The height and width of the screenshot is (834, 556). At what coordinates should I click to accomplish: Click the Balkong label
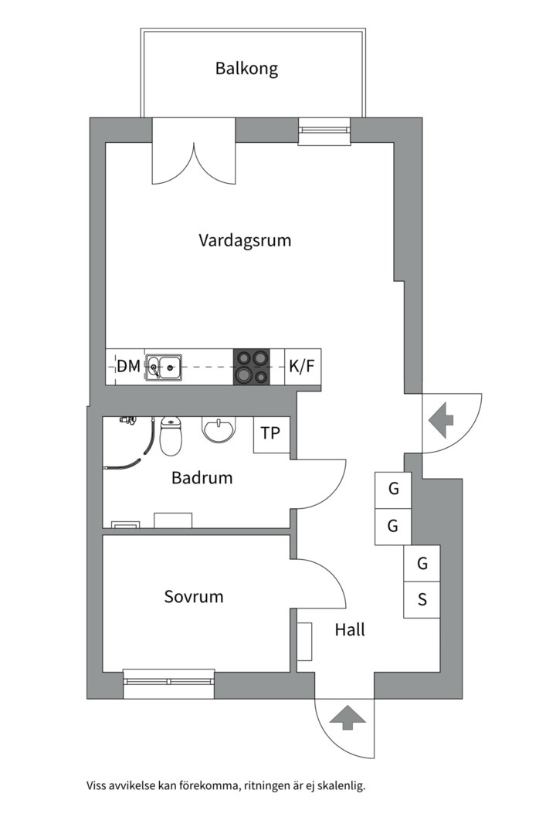point(246,69)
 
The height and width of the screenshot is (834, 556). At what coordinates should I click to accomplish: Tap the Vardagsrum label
point(245,240)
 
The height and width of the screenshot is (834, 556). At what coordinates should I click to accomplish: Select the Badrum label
point(202,478)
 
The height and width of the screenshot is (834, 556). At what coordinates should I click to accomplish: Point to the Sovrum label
point(194,596)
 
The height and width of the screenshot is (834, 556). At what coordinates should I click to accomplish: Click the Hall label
point(350,630)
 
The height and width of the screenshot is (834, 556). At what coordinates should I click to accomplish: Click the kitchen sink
point(164,367)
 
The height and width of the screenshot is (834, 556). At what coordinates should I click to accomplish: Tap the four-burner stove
point(252,367)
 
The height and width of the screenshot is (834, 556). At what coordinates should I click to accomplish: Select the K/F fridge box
point(303,367)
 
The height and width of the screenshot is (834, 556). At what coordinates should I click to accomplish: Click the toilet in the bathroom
point(171,436)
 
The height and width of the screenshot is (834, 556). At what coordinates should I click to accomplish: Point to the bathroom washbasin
point(218,429)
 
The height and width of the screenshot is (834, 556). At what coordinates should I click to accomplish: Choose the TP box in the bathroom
point(271,435)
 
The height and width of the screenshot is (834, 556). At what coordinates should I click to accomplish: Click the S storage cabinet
point(422,600)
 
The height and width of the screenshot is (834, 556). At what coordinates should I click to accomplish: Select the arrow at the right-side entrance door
point(440,419)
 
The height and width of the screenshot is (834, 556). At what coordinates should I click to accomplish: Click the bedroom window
point(169,683)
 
